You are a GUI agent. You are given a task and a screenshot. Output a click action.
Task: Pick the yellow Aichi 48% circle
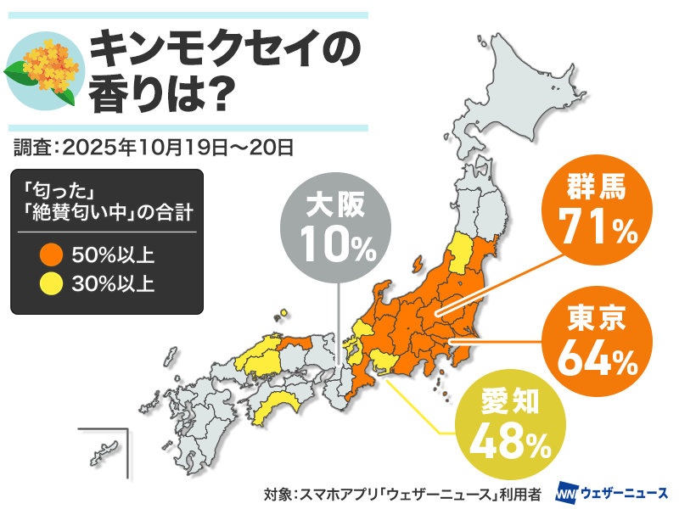(505, 420)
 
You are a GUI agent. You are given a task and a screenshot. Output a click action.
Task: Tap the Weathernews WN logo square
(566, 492)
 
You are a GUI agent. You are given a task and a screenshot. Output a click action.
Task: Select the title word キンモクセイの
(224, 53)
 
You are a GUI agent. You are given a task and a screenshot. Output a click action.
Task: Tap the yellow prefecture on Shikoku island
(280, 407)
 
